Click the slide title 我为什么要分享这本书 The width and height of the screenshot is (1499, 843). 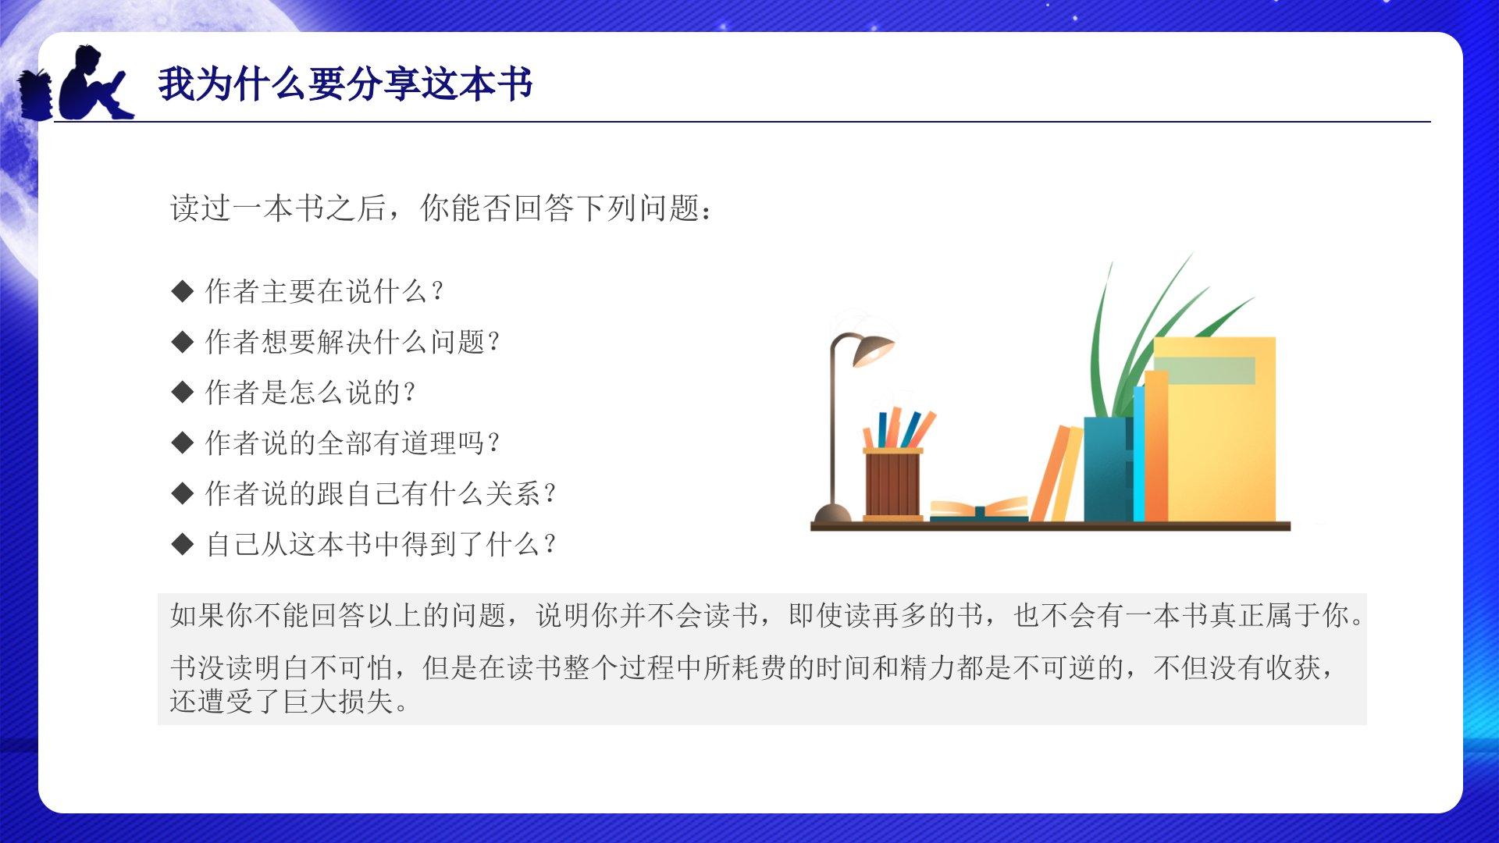click(x=345, y=84)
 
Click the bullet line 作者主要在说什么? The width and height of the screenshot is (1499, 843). click(x=325, y=291)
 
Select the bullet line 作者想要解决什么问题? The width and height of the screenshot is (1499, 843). click(x=353, y=342)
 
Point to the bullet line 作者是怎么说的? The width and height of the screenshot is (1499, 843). click(x=311, y=393)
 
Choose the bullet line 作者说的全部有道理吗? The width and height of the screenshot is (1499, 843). click(x=353, y=443)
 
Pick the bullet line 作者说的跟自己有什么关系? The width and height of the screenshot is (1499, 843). click(x=381, y=493)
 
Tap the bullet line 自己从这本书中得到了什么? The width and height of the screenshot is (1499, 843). click(x=381, y=544)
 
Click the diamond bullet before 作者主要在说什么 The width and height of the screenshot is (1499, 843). click(x=182, y=292)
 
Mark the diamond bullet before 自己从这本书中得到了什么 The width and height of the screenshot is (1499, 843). click(x=182, y=544)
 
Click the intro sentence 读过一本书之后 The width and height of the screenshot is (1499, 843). click(x=279, y=208)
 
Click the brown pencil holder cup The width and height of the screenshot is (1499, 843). click(x=892, y=484)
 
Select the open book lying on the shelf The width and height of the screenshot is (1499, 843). click(x=979, y=510)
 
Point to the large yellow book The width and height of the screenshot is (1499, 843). click(x=1215, y=429)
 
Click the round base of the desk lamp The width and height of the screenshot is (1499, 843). click(x=832, y=514)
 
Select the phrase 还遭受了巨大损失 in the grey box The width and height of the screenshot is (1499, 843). click(x=290, y=702)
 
